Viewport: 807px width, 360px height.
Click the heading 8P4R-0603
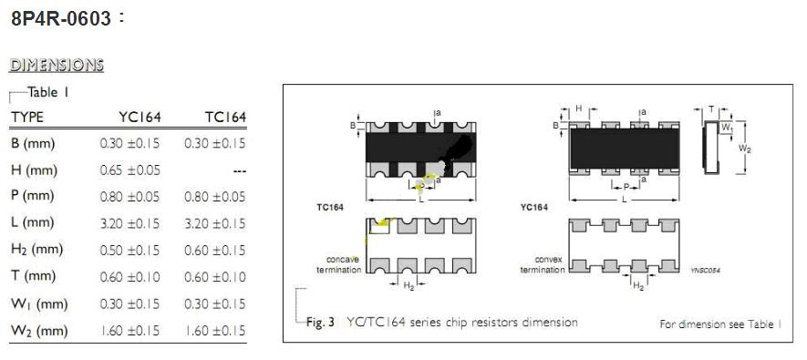(61, 19)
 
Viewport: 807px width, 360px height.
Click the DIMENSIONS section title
(57, 66)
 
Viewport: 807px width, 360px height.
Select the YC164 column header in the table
(140, 118)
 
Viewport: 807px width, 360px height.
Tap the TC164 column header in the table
(225, 118)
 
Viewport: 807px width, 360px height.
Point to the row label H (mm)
(34, 170)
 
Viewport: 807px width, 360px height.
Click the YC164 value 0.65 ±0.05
(129, 170)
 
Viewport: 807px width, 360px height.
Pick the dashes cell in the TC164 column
(239, 170)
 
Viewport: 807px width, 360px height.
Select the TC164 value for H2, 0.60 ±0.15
(215, 250)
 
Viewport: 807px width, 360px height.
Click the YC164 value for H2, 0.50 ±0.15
(129, 250)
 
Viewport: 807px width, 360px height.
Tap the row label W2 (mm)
(39, 331)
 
